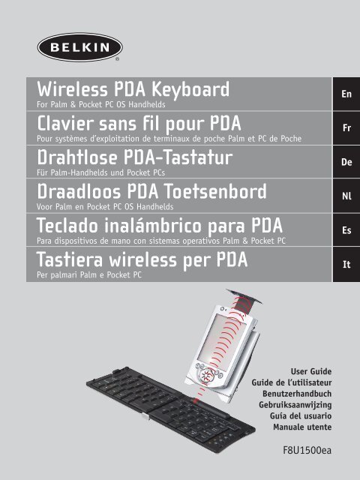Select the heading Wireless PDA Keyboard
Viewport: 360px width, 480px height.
(x=127, y=91)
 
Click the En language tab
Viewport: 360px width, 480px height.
(x=346, y=95)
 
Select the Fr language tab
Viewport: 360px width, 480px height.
(x=346, y=128)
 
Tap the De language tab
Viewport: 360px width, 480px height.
(x=346, y=161)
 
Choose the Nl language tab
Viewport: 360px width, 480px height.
(x=346, y=196)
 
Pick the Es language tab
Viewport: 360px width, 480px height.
(x=346, y=230)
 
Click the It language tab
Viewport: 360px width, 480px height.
(x=346, y=264)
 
